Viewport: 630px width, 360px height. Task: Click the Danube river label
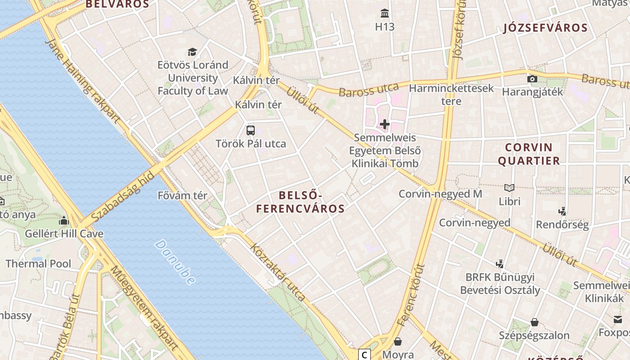point(175,262)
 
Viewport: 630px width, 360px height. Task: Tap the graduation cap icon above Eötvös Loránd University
point(192,52)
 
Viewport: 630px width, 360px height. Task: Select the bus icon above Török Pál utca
point(251,130)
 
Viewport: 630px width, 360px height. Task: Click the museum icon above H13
point(385,13)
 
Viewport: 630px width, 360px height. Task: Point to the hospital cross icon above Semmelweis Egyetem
point(385,124)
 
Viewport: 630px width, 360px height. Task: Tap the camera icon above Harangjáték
point(532,79)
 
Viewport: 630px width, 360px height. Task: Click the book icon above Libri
point(509,188)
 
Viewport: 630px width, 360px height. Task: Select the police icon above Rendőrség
point(562,211)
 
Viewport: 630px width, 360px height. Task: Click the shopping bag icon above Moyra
point(398,342)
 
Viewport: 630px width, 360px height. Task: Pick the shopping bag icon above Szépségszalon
point(535,322)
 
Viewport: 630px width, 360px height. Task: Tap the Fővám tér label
point(182,196)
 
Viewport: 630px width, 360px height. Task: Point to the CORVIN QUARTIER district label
point(529,154)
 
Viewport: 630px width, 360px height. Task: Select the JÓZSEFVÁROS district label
point(545,28)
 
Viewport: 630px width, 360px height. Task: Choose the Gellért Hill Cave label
point(64,234)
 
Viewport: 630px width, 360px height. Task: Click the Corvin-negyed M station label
point(440,194)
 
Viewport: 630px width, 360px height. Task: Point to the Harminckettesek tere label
point(451,94)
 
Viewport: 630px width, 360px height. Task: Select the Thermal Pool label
point(38,264)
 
